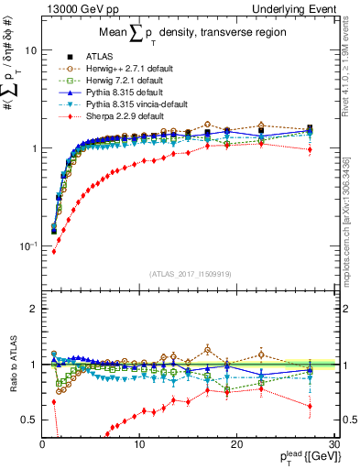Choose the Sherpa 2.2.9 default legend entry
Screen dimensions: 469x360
(x=112, y=116)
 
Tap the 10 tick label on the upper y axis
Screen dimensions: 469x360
(x=29, y=50)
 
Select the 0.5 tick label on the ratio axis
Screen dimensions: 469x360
(x=28, y=420)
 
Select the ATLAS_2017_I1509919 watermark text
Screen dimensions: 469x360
(x=191, y=273)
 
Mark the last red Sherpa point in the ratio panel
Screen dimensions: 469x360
(x=311, y=406)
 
